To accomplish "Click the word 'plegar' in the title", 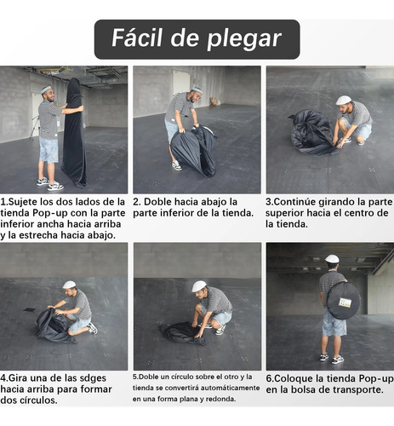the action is point(244,39).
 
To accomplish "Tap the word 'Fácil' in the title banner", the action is point(137,37).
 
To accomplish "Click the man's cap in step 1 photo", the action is point(46,89).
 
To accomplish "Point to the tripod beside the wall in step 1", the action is point(35,128).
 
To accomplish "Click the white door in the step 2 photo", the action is point(181,82).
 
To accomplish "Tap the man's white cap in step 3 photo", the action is point(343,100).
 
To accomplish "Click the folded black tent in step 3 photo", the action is point(312,132).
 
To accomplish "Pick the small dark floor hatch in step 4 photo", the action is point(30,309).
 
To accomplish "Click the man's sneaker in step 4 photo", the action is point(93,328).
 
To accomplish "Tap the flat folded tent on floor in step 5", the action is point(182,333).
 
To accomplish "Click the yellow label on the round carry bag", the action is point(345,302).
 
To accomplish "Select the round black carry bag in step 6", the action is point(343,301).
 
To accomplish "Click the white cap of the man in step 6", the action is point(332,259).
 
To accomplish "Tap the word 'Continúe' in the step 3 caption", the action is point(294,202).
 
